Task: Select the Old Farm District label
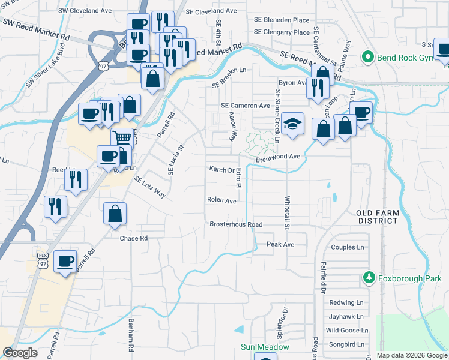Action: coord(378,217)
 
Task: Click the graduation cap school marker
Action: coord(292,125)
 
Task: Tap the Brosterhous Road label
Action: coord(236,224)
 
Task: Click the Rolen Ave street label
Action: coord(221,200)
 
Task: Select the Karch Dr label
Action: coord(221,170)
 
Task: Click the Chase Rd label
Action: coord(134,238)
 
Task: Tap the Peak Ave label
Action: coord(280,245)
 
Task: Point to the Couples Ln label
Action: coord(348,247)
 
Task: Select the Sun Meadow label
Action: coord(265,347)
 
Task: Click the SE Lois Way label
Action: coord(149,187)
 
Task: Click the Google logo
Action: coord(20,353)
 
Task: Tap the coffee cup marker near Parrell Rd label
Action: coord(65,262)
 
